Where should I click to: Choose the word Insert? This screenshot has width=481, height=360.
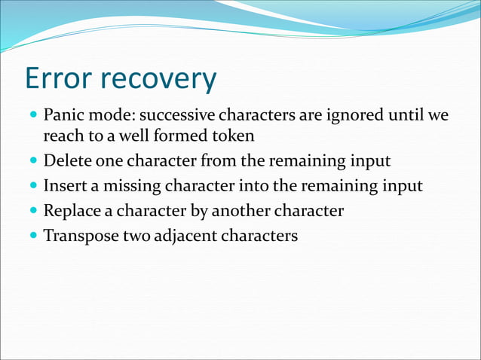tap(64, 186)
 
